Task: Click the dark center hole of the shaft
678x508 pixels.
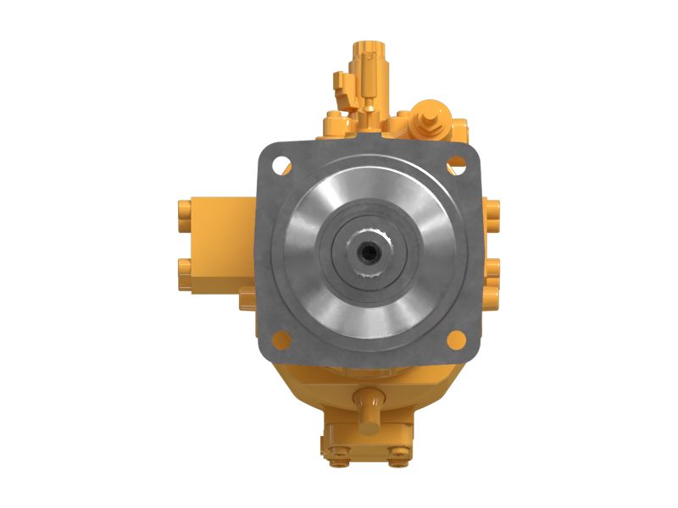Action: (x=369, y=251)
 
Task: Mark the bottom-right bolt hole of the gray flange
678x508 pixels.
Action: (x=456, y=340)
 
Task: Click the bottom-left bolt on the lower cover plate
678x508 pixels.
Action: (x=340, y=460)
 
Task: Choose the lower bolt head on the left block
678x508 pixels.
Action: (x=184, y=270)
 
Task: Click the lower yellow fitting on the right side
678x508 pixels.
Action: (x=492, y=269)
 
